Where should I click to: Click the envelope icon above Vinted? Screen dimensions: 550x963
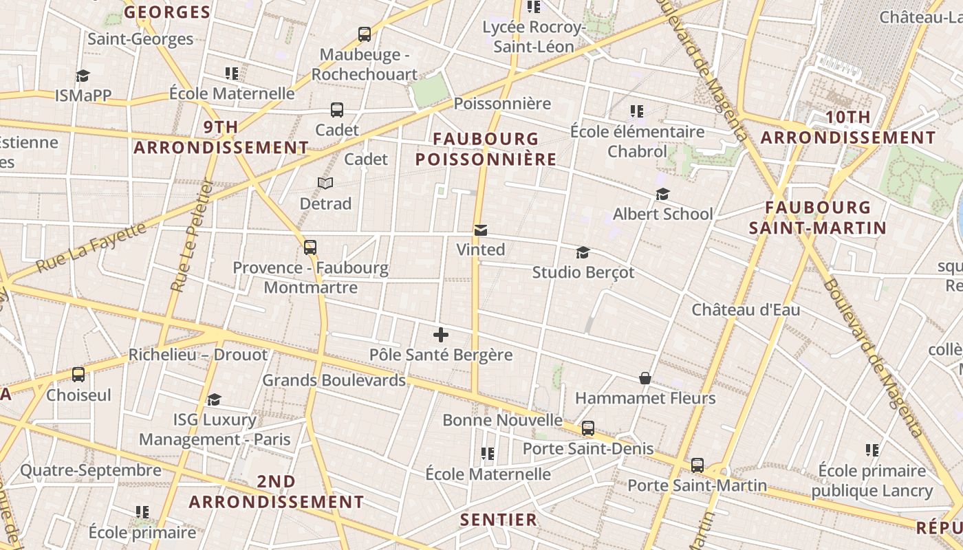pyautogui.click(x=481, y=230)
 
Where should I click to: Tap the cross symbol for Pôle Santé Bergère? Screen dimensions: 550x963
pyautogui.click(x=441, y=335)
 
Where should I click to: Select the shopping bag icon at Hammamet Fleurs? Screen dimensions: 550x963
pyautogui.click(x=645, y=378)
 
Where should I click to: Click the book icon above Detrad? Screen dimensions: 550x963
pyautogui.click(x=325, y=183)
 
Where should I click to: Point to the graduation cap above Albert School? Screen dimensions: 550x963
pyautogui.click(x=662, y=194)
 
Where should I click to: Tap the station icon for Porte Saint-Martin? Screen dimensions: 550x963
pyautogui.click(x=697, y=465)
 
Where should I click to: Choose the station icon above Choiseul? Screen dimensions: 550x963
pyautogui.click(x=78, y=375)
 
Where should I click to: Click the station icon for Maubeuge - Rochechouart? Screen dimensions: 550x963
pyautogui.click(x=365, y=34)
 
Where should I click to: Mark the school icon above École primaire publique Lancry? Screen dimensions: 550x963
pyautogui.click(x=872, y=450)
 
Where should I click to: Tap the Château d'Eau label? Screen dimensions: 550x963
pyautogui.click(x=746, y=310)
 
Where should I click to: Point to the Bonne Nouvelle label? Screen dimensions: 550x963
pyautogui.click(x=502, y=420)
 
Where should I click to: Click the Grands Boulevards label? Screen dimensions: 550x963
pyautogui.click(x=334, y=380)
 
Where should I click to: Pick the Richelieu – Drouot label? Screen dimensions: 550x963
pyautogui.click(x=198, y=355)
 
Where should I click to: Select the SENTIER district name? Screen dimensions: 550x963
pyautogui.click(x=499, y=520)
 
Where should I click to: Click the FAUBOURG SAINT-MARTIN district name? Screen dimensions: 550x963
pyautogui.click(x=817, y=217)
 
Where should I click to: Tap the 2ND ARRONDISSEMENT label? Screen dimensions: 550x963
pyautogui.click(x=276, y=492)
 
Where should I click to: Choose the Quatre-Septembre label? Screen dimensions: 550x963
pyautogui.click(x=91, y=470)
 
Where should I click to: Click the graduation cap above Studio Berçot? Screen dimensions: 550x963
pyautogui.click(x=583, y=252)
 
